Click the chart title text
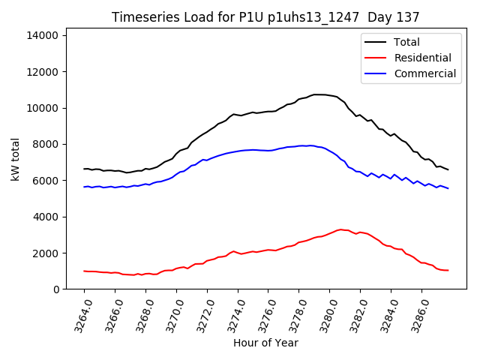(265, 17)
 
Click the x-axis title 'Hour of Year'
(265, 343)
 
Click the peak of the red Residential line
(341, 229)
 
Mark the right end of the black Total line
(448, 169)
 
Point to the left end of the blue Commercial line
(84, 187)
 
